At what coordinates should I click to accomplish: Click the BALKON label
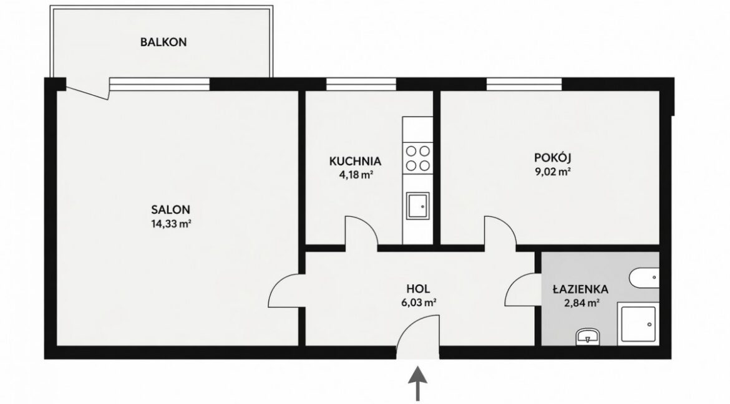tap(163, 42)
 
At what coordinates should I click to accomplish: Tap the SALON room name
tap(170, 209)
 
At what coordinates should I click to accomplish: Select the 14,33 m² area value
tap(171, 224)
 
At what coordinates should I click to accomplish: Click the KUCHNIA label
tap(355, 161)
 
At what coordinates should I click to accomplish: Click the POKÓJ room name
tap(552, 157)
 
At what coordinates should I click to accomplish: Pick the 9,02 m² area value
tap(553, 171)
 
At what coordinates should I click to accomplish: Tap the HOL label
tap(417, 289)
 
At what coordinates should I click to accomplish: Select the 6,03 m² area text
tap(418, 303)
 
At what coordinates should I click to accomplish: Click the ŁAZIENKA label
tap(580, 289)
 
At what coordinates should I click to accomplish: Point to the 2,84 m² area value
tap(580, 304)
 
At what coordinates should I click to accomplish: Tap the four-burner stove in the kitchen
tap(417, 158)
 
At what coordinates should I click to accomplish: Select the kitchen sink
tap(417, 205)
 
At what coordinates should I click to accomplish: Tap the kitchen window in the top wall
tap(361, 84)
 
